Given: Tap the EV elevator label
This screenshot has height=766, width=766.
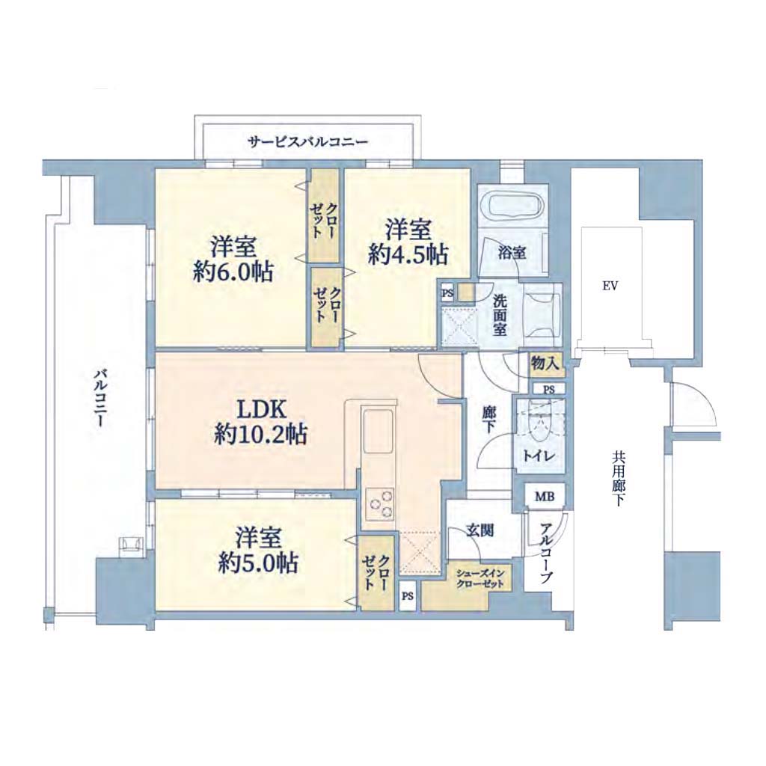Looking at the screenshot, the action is click(x=610, y=287).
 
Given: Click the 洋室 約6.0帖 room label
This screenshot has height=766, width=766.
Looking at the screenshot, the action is click(x=233, y=260).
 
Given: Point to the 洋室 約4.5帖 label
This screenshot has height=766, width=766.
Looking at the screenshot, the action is click(x=408, y=242).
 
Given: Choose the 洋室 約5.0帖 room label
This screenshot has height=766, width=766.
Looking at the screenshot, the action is click(x=258, y=550).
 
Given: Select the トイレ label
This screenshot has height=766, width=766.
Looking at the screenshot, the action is click(x=539, y=456).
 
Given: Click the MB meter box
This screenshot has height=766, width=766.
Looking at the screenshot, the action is click(x=545, y=497).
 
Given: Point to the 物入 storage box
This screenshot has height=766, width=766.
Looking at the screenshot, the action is click(x=545, y=363).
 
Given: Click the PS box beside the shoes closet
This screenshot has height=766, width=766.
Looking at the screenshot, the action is click(x=408, y=596).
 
